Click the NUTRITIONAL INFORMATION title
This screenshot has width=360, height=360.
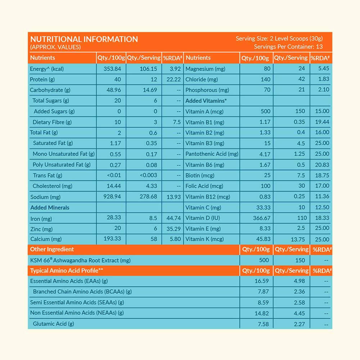coord(84,39)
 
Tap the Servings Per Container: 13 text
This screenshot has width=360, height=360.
coord(288,47)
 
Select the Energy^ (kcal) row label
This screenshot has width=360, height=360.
coord(47,69)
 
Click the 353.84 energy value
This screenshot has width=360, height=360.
coord(112,69)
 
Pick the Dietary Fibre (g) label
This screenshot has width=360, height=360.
coord(52,122)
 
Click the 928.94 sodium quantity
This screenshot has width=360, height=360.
coord(112,197)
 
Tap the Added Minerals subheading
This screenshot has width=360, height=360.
coord(50,207)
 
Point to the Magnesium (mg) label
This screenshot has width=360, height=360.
coord(204,69)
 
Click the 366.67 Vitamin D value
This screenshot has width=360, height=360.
coord(262,218)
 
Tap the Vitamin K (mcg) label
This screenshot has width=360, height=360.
coord(204,239)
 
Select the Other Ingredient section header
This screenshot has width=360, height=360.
coord(52,249)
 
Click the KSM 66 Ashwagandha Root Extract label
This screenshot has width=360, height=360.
coord(80,260)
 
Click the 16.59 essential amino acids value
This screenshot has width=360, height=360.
coord(261,281)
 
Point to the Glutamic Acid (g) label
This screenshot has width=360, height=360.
coord(53,324)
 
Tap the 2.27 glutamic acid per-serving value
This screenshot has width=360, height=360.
coord(299,324)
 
